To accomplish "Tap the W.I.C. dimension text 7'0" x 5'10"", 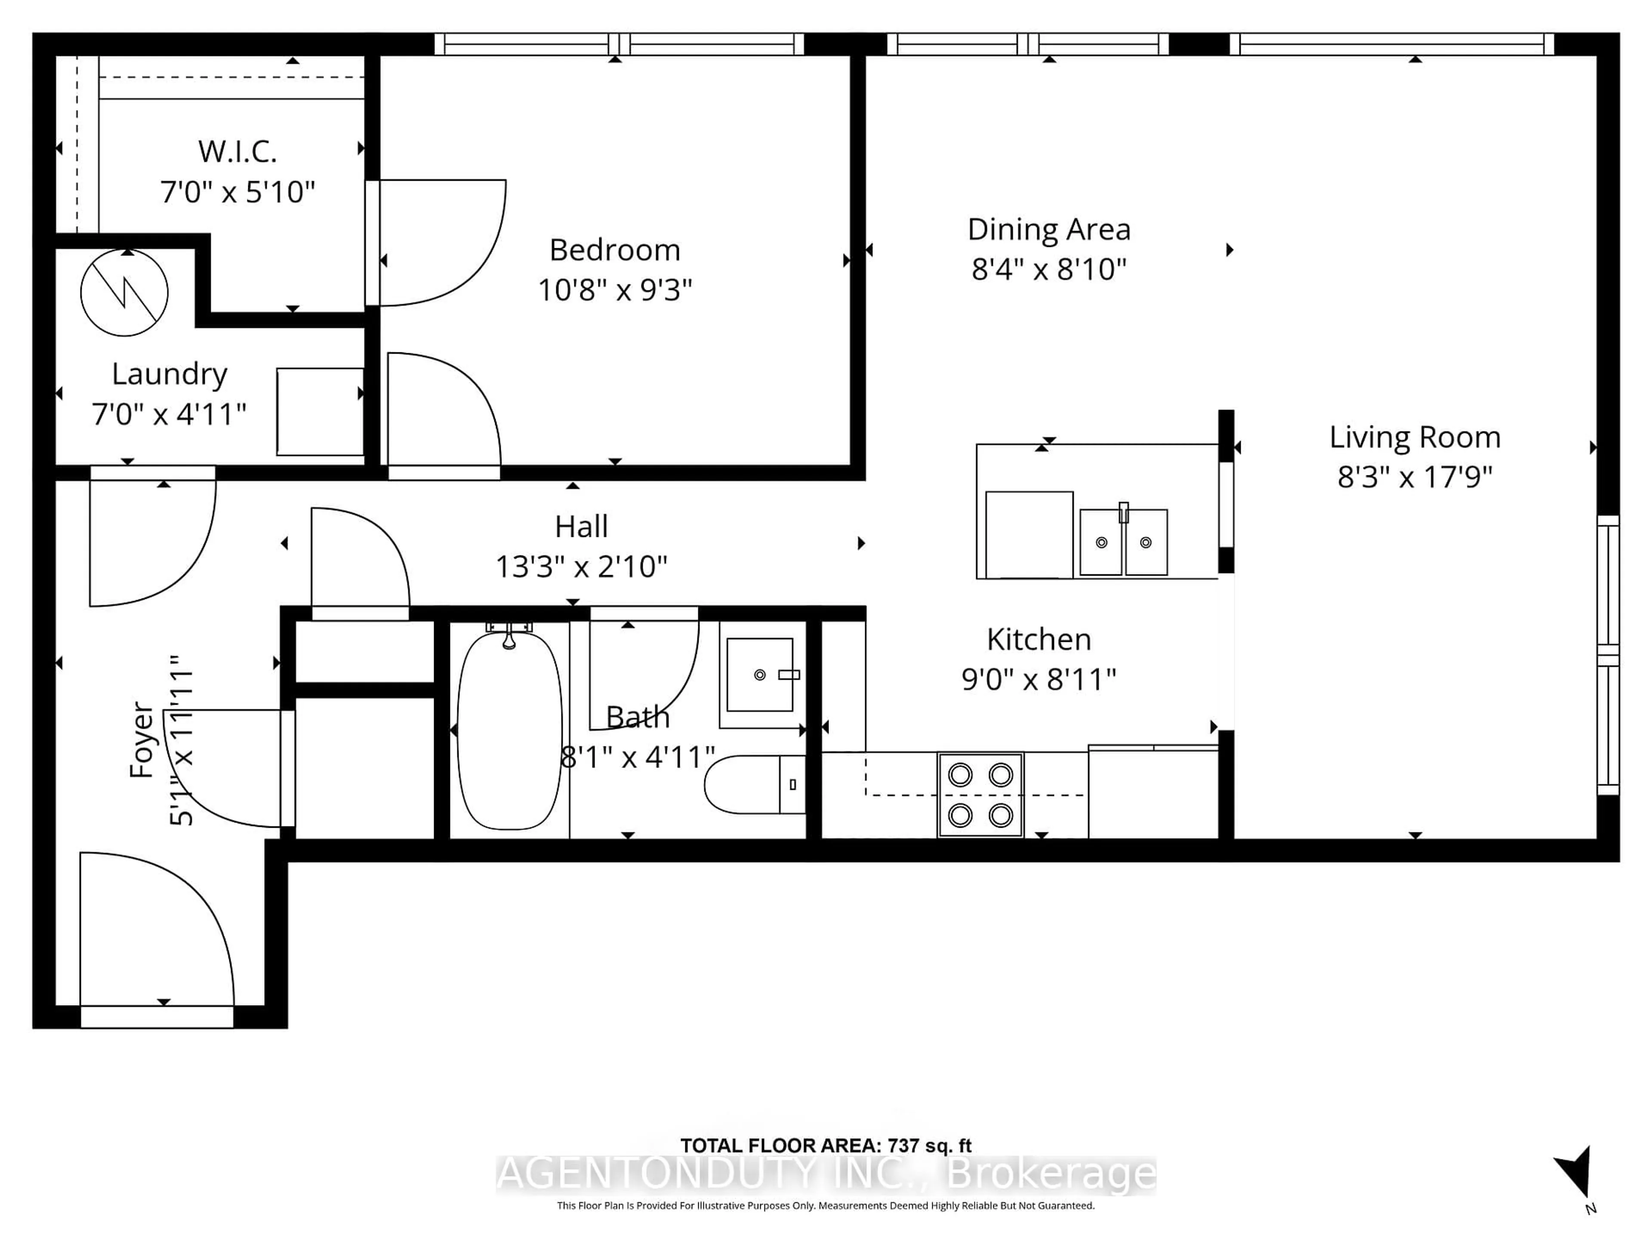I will click(237, 192).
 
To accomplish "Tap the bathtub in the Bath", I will click(509, 730).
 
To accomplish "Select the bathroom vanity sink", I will click(759, 675).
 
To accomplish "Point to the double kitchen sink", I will click(1123, 542).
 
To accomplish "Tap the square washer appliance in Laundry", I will click(320, 412).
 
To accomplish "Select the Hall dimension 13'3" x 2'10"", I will click(581, 567).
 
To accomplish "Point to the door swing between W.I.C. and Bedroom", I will click(441, 243).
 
